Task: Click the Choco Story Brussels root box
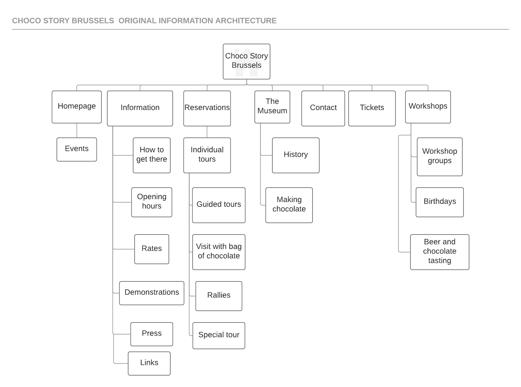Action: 246,62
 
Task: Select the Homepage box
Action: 77,107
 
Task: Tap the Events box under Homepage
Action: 77,150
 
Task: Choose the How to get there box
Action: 152,155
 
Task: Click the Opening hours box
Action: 152,202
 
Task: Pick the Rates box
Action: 152,249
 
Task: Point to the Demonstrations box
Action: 152,293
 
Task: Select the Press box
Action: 152,334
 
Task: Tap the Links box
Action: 149,364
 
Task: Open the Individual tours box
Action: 207,155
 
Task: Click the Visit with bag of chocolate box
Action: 219,252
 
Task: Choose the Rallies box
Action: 219,296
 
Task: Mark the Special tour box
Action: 219,336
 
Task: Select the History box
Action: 296,155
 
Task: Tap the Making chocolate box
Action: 289,205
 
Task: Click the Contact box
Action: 323,108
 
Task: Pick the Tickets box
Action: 372,108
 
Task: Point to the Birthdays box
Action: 439,202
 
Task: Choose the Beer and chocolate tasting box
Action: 439,252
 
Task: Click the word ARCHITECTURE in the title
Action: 246,21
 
